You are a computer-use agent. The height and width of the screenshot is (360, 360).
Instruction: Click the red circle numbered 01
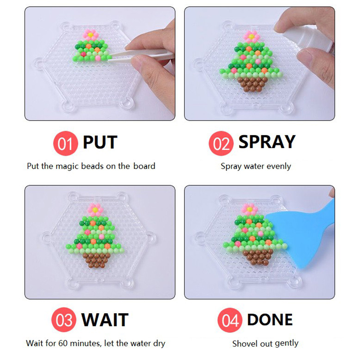(x=66, y=144)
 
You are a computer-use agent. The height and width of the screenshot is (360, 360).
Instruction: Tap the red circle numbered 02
(x=221, y=144)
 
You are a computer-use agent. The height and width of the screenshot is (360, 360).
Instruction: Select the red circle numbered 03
(x=64, y=320)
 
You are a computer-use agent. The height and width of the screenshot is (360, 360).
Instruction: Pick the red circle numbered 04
(x=230, y=320)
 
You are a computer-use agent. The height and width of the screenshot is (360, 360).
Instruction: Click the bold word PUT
(x=100, y=142)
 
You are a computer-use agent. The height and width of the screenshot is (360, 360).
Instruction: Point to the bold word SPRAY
(x=267, y=142)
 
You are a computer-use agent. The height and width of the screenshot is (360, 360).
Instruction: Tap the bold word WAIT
(x=105, y=319)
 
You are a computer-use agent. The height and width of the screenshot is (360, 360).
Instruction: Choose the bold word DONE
(x=270, y=319)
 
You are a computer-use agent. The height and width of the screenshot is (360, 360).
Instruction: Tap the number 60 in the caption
(x=63, y=343)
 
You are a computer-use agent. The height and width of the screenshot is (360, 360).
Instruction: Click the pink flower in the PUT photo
(x=91, y=35)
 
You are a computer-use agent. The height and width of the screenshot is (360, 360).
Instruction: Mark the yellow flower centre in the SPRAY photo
(x=252, y=36)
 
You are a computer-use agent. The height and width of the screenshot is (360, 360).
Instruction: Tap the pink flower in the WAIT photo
(x=95, y=209)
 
